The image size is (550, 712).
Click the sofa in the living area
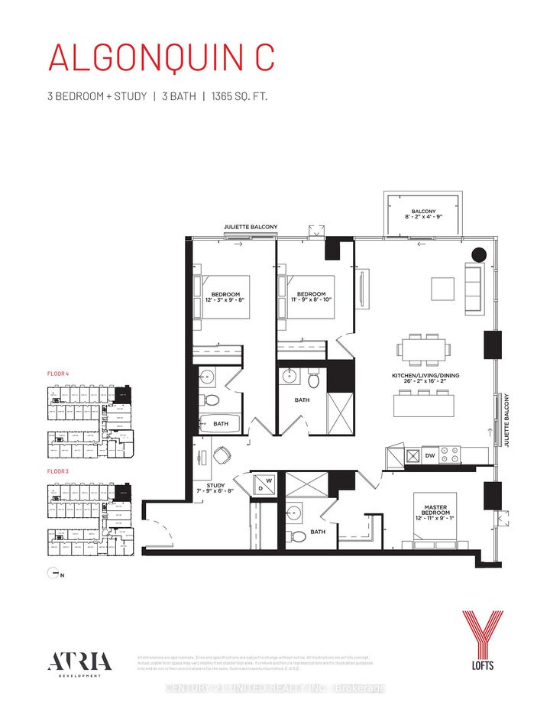[x=473, y=288]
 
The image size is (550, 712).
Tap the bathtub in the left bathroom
[x=218, y=422]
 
